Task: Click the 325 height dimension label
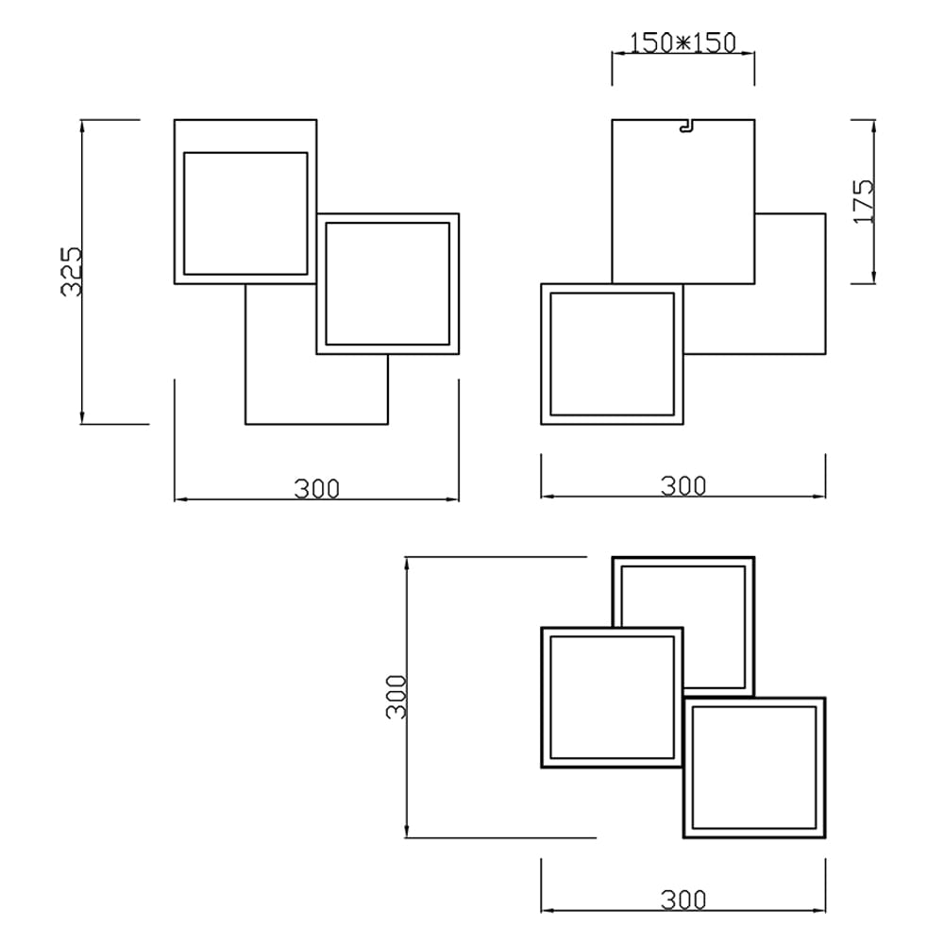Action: click(x=73, y=272)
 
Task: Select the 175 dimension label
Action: click(x=864, y=200)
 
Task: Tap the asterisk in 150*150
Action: click(x=683, y=43)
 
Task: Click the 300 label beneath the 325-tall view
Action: click(x=316, y=489)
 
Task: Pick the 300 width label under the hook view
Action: click(x=683, y=486)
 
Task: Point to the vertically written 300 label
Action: click(x=397, y=697)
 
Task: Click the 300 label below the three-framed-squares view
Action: click(x=683, y=901)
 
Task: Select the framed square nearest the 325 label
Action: click(x=244, y=212)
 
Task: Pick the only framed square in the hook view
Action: click(x=612, y=354)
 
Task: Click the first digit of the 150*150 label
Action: click(x=634, y=43)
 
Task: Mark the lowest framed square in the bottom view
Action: click(x=754, y=767)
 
